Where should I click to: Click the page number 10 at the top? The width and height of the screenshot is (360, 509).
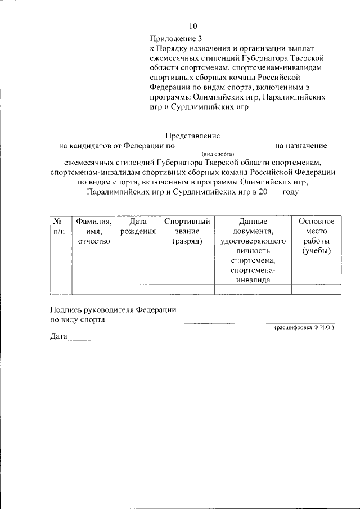[193, 26]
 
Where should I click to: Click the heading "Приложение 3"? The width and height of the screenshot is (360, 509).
[175, 39]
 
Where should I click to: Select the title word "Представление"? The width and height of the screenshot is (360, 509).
[193, 136]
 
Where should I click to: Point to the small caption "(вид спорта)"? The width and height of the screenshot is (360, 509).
[217, 154]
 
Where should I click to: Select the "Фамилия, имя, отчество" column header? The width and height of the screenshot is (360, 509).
[94, 231]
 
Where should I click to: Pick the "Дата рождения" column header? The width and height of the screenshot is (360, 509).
[138, 226]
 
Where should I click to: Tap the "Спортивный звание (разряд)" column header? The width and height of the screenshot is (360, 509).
[187, 231]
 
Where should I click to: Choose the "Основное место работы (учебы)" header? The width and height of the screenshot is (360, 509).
[316, 236]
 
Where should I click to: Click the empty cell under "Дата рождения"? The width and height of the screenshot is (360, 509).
[138, 290]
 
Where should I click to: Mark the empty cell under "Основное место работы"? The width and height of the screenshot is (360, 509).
[316, 290]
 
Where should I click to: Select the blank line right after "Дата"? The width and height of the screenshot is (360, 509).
[82, 339]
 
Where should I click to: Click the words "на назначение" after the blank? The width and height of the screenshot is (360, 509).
[301, 146]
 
